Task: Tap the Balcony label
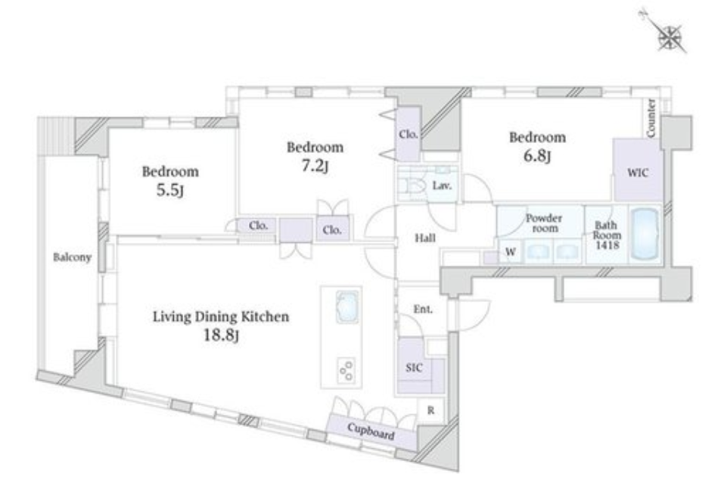point(72,257)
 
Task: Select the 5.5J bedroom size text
point(170,190)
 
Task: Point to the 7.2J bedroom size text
point(315,165)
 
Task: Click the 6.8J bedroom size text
point(537,155)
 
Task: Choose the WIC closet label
point(638,173)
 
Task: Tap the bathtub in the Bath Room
point(645,234)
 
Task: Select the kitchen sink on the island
point(346,307)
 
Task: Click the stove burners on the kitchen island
point(346,370)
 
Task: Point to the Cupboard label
point(371,431)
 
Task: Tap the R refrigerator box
point(430,410)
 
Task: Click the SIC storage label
point(414,368)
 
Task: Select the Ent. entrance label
point(423,309)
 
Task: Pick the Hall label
point(425,238)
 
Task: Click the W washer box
point(510,252)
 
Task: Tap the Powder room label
point(545,223)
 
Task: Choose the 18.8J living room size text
point(221,335)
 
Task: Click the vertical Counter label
point(651,118)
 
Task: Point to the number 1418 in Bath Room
point(607,245)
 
